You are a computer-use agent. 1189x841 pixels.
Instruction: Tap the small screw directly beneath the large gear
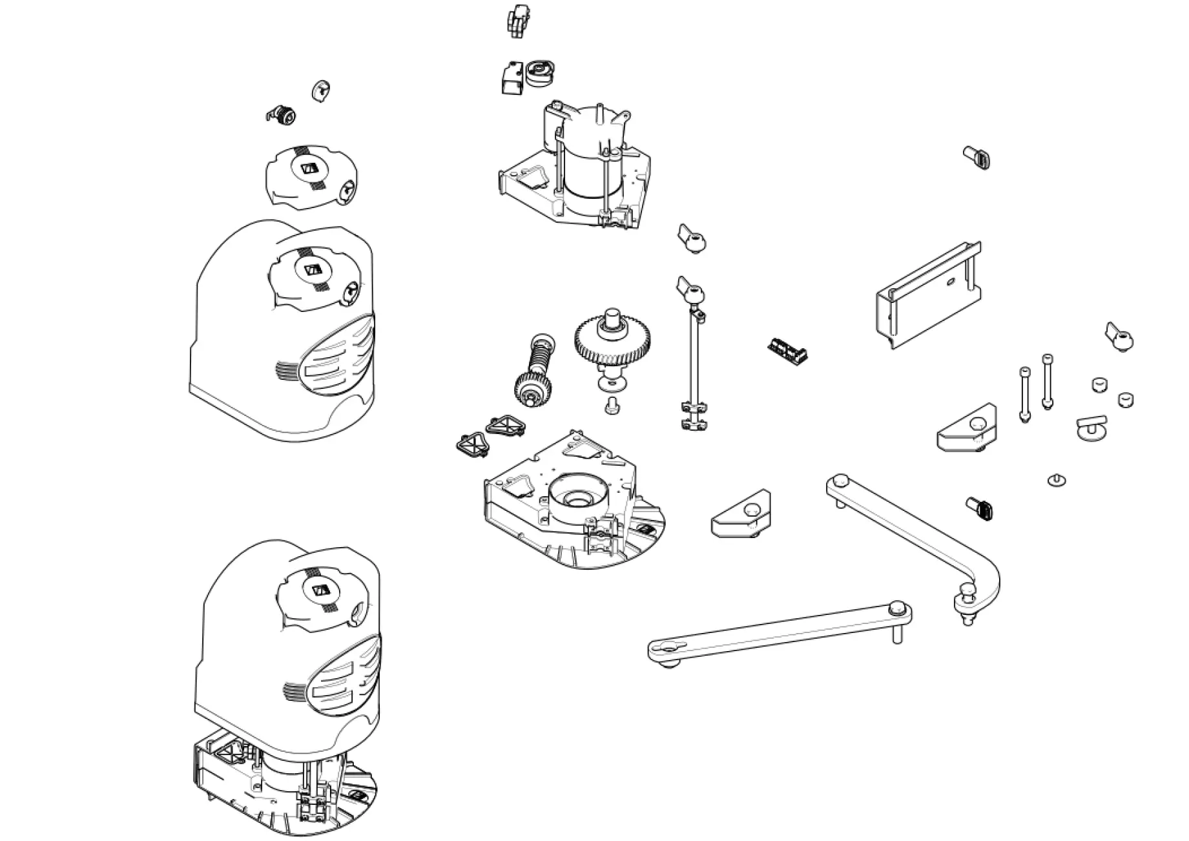click(x=610, y=405)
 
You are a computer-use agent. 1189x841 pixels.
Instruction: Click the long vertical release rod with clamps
click(x=692, y=362)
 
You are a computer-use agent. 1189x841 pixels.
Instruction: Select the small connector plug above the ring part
click(x=517, y=21)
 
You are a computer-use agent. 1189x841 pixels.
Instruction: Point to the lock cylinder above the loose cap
click(x=283, y=116)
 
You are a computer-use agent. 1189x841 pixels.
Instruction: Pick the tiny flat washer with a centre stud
click(x=1056, y=480)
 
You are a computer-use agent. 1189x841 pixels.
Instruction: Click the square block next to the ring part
click(x=513, y=79)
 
